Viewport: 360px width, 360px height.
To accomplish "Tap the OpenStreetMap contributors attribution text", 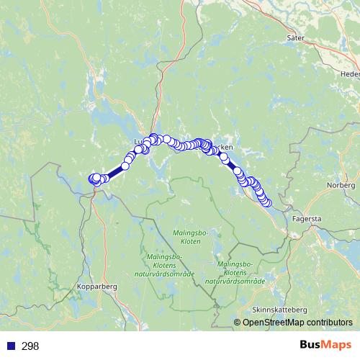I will (x=298, y=323).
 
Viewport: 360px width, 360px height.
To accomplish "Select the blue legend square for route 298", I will (x=10, y=346).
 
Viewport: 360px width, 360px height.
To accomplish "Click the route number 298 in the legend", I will (x=30, y=346).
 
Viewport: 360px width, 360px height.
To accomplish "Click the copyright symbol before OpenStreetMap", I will (x=238, y=323).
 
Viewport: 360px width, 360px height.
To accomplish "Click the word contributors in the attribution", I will (x=330, y=323).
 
